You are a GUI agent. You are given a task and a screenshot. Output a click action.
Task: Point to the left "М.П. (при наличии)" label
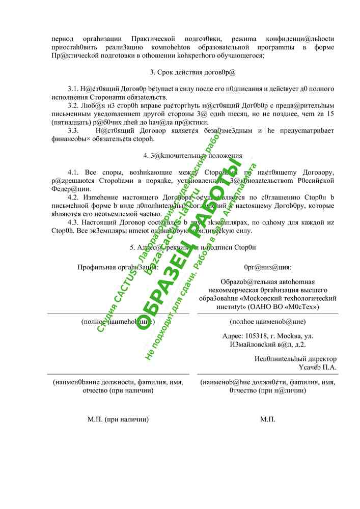pos(118,419)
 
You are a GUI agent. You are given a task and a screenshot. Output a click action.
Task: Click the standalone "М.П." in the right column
pos(268,419)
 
